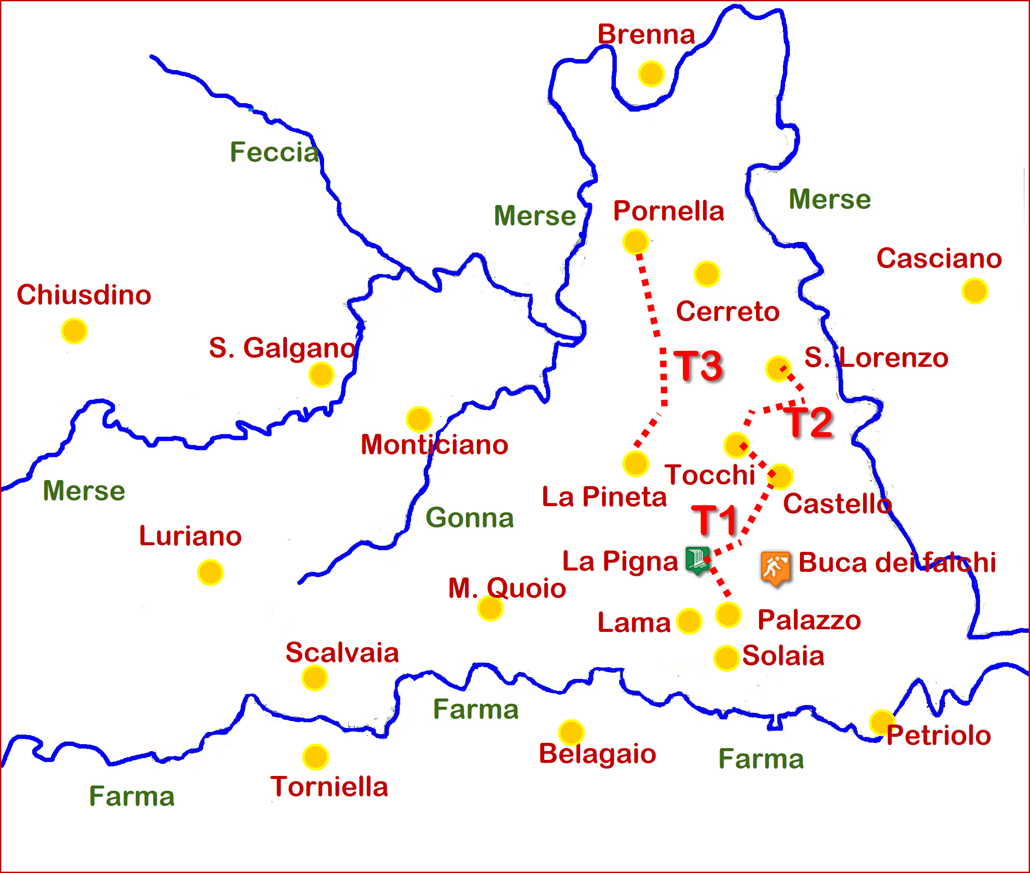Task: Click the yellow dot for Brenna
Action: (x=651, y=74)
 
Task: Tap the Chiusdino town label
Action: (x=84, y=295)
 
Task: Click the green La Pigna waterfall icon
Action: (x=698, y=560)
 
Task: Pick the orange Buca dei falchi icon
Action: (x=775, y=567)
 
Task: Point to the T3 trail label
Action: (x=699, y=366)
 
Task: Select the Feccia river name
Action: (x=274, y=151)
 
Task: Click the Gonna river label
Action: (x=469, y=517)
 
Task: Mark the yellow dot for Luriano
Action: (x=210, y=573)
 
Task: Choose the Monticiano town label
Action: (x=435, y=444)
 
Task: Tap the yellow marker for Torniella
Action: (x=316, y=757)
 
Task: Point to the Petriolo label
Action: (x=939, y=735)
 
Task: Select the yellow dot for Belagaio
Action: (x=572, y=732)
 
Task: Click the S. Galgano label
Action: (x=282, y=347)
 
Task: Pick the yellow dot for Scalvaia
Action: (x=314, y=678)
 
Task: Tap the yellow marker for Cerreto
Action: (x=706, y=274)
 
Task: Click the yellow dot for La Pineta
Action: (x=636, y=464)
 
